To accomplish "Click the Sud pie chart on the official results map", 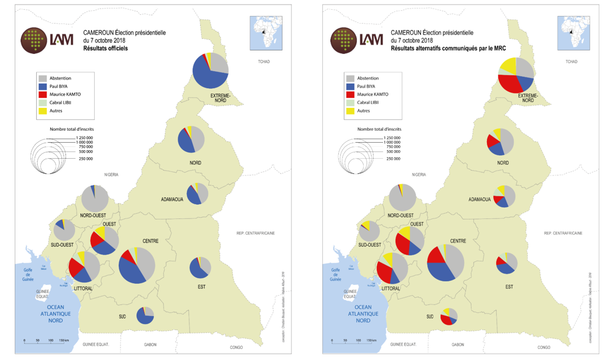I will pyautogui.click(x=145, y=315).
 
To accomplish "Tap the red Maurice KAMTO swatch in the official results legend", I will pyautogui.click(x=42, y=94).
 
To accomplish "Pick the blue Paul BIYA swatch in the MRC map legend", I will pyautogui.click(x=350, y=86).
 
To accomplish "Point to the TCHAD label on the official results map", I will pyautogui.click(x=263, y=61).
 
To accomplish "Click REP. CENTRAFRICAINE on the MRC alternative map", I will pyautogui.click(x=563, y=233).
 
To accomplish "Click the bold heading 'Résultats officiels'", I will pyautogui.click(x=106, y=49).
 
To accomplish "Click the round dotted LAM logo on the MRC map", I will pyautogui.click(x=342, y=40).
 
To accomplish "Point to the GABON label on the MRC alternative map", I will pyautogui.click(x=458, y=345).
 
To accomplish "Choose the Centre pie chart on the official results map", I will pyautogui.click(x=137, y=265).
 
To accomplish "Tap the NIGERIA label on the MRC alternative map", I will pyautogui.click(x=419, y=174).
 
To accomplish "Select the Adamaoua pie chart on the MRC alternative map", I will pyautogui.click(x=505, y=196).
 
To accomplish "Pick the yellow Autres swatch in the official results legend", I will pyautogui.click(x=42, y=111).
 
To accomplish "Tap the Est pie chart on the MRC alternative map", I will pyautogui.click(x=507, y=263).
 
